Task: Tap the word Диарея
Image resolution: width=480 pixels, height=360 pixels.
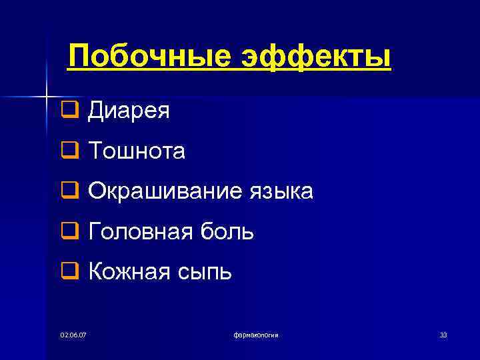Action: click(129, 111)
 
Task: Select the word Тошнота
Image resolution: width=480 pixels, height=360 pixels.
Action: click(137, 152)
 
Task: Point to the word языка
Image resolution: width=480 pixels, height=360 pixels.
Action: click(281, 192)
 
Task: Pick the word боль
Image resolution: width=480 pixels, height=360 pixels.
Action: click(228, 232)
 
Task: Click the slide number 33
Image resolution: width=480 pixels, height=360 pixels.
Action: click(443, 334)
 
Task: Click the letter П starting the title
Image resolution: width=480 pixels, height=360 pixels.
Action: click(79, 57)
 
